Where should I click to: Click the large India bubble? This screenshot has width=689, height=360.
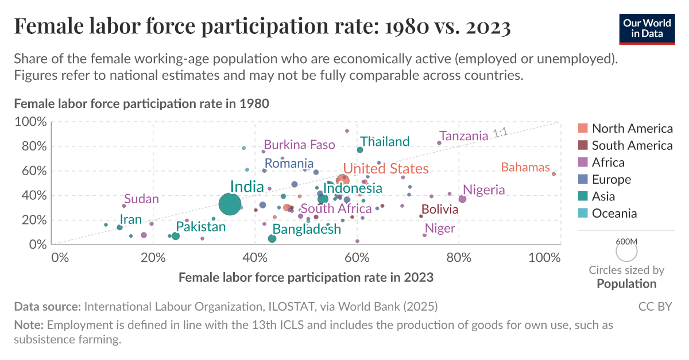coord(230,204)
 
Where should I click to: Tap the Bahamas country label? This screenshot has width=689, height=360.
coord(525,168)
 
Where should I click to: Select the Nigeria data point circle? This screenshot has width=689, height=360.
coord(462,199)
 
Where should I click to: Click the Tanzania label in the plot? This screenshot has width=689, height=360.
coord(463,136)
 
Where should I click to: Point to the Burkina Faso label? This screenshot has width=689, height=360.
coord(299,145)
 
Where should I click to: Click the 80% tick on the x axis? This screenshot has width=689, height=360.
coord(458,257)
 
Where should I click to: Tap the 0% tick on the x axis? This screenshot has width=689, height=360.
coord(60,257)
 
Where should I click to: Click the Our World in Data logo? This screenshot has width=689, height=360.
coord(647,28)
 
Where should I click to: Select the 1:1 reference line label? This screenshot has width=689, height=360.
coord(500,133)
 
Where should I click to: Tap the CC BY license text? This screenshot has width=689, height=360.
coord(655,306)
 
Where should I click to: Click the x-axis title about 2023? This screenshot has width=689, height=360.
coord(306,277)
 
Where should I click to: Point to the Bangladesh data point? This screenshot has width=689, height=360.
coord(272,238)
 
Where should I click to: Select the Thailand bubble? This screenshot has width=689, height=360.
coord(360,150)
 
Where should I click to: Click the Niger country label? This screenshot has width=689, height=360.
coord(440,229)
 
